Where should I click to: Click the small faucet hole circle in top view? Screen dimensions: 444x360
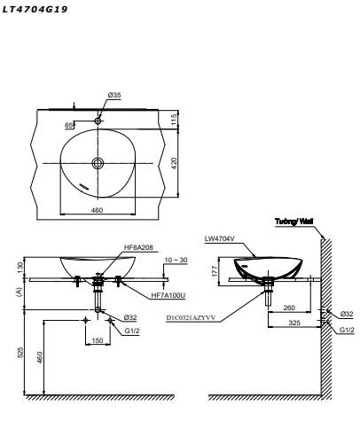pyautogui.click(x=98, y=120)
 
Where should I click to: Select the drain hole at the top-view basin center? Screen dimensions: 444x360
pyautogui.click(x=98, y=162)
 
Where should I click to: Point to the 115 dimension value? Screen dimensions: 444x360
pyautogui.click(x=176, y=119)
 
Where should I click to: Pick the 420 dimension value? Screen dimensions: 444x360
pyautogui.click(x=176, y=162)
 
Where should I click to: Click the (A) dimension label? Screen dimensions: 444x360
pyautogui.click(x=20, y=289)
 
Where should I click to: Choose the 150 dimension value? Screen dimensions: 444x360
pyautogui.click(x=97, y=340)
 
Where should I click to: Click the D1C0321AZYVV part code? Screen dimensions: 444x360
pyautogui.click(x=190, y=315)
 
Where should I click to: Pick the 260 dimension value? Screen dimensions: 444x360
pyautogui.click(x=291, y=308)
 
